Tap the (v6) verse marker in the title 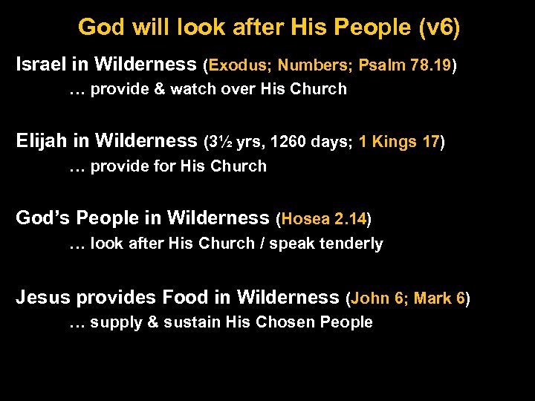(439, 27)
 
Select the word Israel (42, 65)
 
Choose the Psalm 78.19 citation (404, 65)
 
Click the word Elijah (42, 141)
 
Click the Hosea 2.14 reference (323, 219)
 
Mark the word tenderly (353, 244)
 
